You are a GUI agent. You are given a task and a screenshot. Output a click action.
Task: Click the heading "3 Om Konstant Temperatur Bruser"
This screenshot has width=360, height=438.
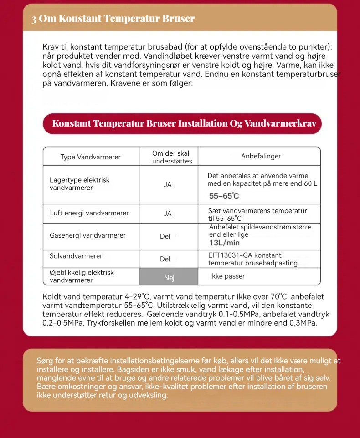pyautogui.click(x=113, y=19)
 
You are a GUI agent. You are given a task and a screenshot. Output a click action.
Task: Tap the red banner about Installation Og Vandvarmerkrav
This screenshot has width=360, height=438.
pyautogui.click(x=182, y=124)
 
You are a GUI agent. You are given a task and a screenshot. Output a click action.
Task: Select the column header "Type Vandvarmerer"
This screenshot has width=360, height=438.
pyautogui.click(x=91, y=157)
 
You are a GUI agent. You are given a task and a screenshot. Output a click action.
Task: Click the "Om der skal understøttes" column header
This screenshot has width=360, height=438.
pyautogui.click(x=171, y=157)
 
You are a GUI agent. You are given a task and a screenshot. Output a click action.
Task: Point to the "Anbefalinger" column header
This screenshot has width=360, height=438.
pyautogui.click(x=261, y=156)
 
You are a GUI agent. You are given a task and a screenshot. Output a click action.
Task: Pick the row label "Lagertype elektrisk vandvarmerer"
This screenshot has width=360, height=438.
pyautogui.click(x=80, y=184)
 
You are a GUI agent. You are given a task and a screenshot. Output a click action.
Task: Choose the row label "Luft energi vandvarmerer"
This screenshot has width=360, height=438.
pyautogui.click(x=89, y=213)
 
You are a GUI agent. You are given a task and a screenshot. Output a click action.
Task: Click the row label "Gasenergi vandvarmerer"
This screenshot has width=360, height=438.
pyautogui.click(x=87, y=235)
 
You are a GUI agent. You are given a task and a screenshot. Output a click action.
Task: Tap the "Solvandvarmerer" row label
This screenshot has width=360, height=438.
pyautogui.click(x=76, y=256)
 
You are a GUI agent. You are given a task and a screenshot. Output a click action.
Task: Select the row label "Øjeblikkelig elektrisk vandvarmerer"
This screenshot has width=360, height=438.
pyautogui.click(x=82, y=276)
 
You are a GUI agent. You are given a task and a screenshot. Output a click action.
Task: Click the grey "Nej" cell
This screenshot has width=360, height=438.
pyautogui.click(x=169, y=278)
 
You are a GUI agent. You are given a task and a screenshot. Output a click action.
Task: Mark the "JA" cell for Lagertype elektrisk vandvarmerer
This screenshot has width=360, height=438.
pyautogui.click(x=168, y=185)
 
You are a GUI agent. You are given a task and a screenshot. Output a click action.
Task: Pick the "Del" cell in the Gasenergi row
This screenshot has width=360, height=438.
pyautogui.click(x=165, y=236)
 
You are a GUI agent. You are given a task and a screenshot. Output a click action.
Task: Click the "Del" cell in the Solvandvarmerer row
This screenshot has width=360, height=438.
pyautogui.click(x=165, y=259)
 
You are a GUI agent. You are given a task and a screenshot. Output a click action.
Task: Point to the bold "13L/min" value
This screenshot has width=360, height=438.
pyautogui.click(x=224, y=243)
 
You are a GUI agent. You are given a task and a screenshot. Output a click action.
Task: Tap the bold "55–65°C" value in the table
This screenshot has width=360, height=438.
pyautogui.click(x=224, y=196)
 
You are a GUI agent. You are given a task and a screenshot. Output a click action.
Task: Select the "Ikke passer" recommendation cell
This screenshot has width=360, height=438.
pyautogui.click(x=227, y=276)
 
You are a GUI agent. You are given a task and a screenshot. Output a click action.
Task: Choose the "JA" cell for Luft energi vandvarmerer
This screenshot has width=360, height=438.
pyautogui.click(x=168, y=214)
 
